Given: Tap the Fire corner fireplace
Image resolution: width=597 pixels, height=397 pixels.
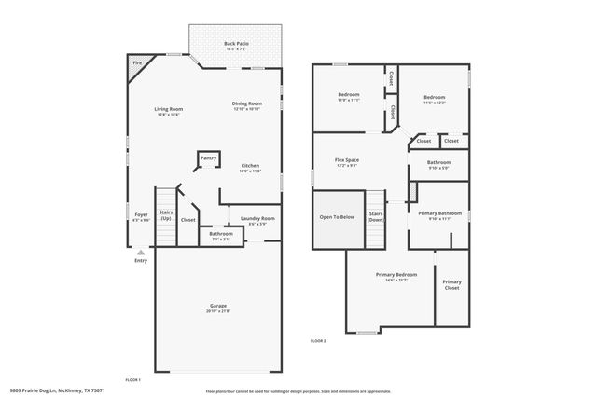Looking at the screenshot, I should tap(137, 65).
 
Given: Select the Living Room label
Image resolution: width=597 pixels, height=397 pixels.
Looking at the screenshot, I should tap(168, 110).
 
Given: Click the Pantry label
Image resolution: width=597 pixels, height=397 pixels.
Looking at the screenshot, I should tap(208, 158).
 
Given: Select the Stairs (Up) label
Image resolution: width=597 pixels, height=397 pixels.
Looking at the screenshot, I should tap(166, 215).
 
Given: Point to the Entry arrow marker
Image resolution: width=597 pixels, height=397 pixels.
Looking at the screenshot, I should tap(141, 252).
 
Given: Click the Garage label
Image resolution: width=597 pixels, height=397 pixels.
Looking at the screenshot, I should tap(218, 307).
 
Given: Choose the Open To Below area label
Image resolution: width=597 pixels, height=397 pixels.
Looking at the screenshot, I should tap(337, 216).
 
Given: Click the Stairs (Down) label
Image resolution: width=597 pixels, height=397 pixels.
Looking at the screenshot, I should tap(376, 216).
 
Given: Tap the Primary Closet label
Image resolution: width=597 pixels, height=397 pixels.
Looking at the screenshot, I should tap(451, 284).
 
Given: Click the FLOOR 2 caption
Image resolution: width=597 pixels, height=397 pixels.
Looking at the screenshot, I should tap(318, 342).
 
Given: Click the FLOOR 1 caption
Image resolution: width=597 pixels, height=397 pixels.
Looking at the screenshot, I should tap(132, 379).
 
